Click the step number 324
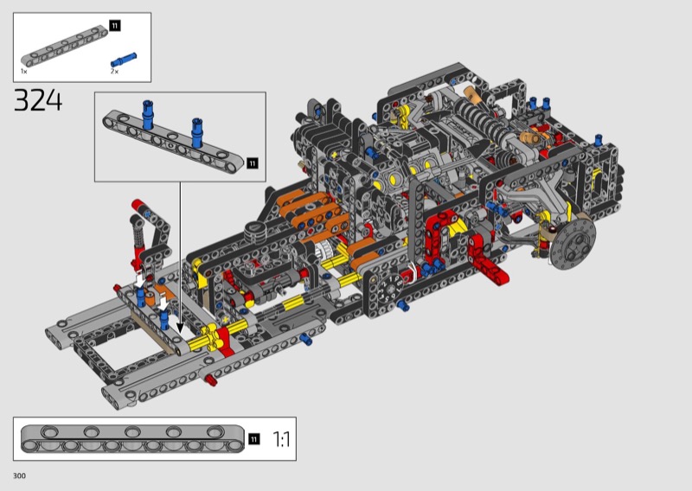click(x=38, y=100)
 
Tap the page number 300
click(x=19, y=475)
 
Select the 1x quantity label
click(x=24, y=71)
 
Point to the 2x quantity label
click(x=114, y=71)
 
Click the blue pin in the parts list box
click(x=124, y=60)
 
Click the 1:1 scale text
click(x=281, y=439)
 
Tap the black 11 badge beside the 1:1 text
click(x=253, y=439)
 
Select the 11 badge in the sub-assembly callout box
click(x=252, y=163)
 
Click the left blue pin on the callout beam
click(x=147, y=115)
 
